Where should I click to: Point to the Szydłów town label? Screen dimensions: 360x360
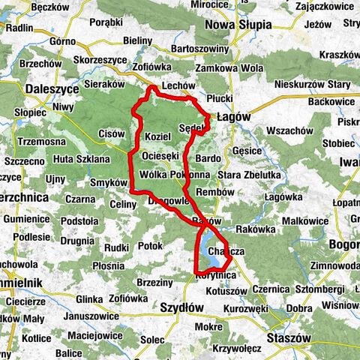(x=181, y=308)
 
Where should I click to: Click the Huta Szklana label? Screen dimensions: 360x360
(x=79, y=158)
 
